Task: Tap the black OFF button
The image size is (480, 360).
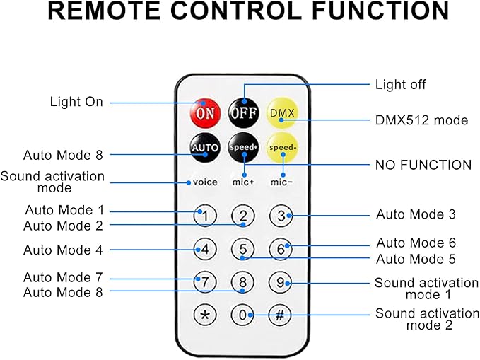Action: (x=242, y=112)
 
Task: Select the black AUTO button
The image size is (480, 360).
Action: (x=205, y=148)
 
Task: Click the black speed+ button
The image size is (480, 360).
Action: (x=242, y=148)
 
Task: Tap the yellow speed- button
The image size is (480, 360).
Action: (x=281, y=148)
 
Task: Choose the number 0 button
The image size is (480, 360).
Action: (x=242, y=315)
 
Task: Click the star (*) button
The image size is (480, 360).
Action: (x=205, y=315)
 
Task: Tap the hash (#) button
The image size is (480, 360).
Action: (x=280, y=315)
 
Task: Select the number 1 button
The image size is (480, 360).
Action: (x=205, y=215)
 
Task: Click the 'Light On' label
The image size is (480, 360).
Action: (x=76, y=102)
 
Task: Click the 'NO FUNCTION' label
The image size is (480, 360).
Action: (x=423, y=165)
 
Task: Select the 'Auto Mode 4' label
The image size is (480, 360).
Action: (x=63, y=250)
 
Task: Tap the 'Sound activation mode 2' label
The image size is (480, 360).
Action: (x=427, y=319)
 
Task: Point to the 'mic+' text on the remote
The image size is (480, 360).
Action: (x=242, y=182)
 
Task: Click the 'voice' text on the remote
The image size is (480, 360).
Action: (x=205, y=182)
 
